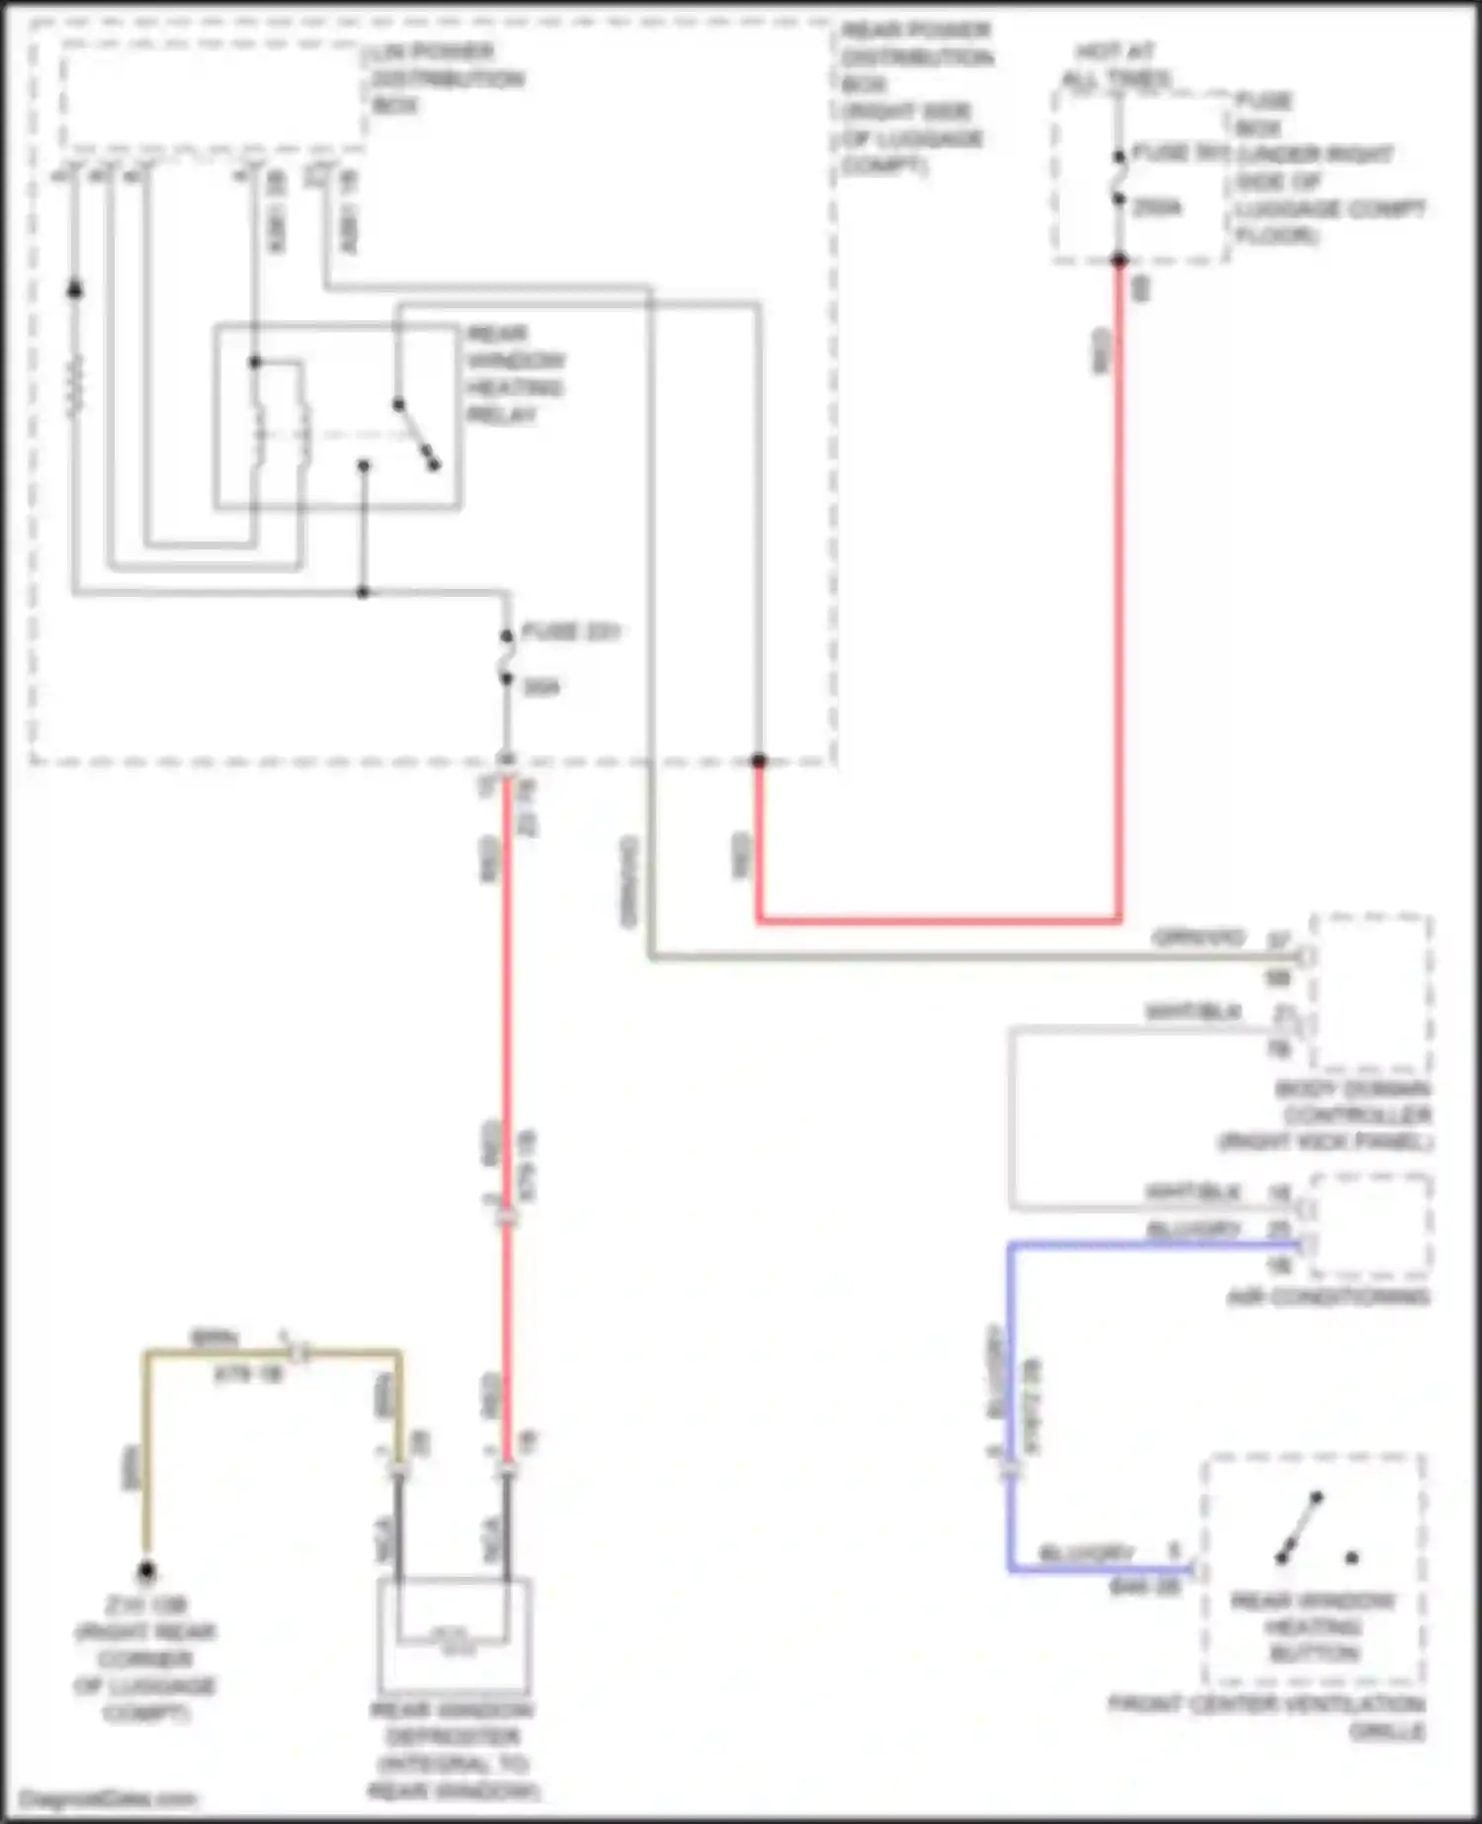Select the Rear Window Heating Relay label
point(515,373)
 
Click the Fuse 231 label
point(570,632)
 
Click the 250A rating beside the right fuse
point(1156,207)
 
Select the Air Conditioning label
point(1328,1296)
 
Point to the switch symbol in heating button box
point(1300,1529)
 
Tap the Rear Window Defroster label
point(453,1750)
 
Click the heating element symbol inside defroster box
point(453,1639)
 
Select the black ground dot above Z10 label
point(146,1569)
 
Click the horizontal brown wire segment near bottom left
point(217,1352)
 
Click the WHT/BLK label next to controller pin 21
point(1192,1012)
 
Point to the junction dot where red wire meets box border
point(758,760)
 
